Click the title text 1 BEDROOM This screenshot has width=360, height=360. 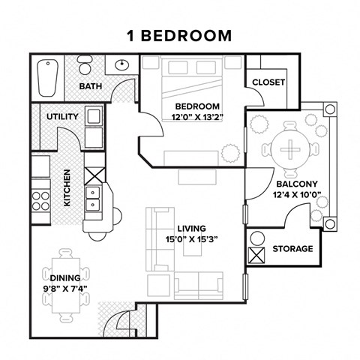click(179, 35)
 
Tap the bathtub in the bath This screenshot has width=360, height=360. click(49, 76)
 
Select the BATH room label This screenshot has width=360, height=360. click(91, 86)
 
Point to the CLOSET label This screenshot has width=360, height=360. click(268, 82)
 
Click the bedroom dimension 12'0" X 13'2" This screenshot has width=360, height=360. click(197, 116)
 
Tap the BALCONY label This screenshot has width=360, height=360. click(297, 184)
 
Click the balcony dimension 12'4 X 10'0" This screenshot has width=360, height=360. click(297, 196)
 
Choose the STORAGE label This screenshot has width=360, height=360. click(292, 248)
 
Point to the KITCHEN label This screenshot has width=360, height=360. click(67, 187)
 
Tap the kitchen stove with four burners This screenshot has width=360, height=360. click(40, 199)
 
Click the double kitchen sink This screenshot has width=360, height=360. click(94, 197)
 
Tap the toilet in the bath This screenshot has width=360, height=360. click(123, 64)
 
